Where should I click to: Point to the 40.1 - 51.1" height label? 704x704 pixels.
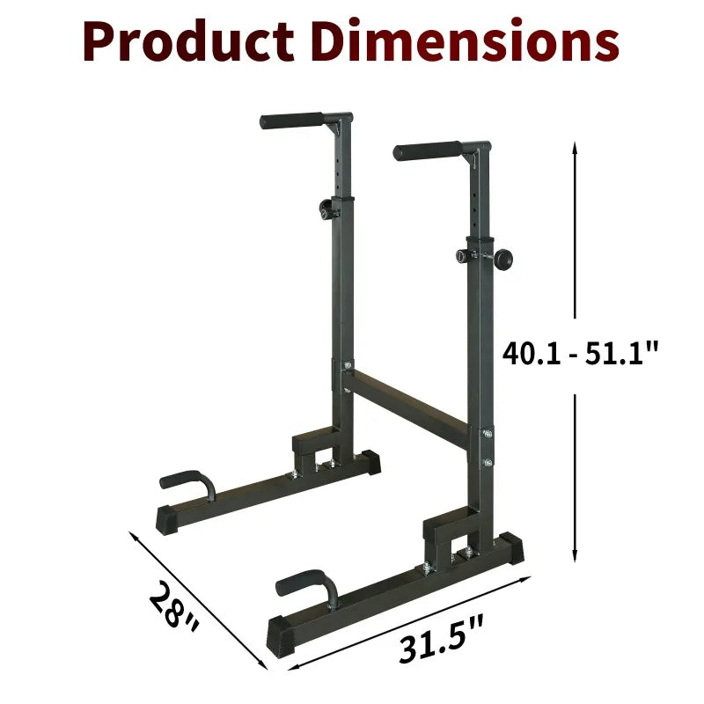point(580,354)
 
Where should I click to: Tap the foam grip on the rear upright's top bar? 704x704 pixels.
point(291,120)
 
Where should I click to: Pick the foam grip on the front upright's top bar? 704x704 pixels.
point(427,150)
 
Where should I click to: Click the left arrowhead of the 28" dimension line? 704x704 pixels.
point(132,534)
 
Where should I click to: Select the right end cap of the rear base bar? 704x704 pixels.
point(370,460)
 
